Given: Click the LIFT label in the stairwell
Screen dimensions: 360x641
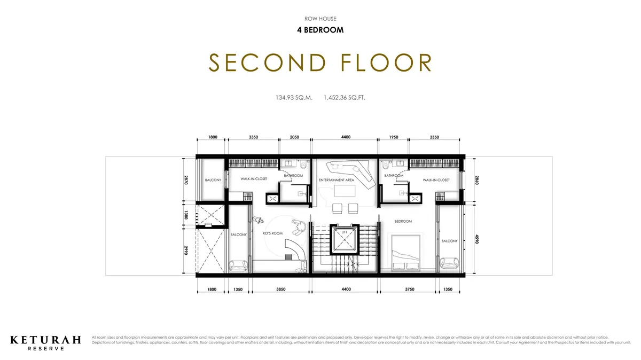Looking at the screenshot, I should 345,232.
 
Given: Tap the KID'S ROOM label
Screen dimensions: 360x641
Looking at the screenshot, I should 272,233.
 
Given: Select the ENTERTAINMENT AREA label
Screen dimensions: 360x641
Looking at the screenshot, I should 337,180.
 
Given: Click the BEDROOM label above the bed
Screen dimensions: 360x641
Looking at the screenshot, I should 403,221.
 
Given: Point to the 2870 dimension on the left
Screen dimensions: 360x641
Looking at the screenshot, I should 186,180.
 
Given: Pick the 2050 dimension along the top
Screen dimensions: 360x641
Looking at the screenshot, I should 294,137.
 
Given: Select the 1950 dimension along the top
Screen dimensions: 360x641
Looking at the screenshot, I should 394,137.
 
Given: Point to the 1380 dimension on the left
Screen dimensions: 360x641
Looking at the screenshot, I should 186,215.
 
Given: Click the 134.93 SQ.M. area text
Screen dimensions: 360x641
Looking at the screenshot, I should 294,98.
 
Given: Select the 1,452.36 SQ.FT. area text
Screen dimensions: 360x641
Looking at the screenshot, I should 344,98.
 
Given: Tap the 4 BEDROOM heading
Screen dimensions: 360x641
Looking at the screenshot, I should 320,30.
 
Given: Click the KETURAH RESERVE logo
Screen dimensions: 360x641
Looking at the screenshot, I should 46,342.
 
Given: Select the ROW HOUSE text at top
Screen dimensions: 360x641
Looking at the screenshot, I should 320,19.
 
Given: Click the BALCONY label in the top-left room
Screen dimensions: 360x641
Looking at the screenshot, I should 213,180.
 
